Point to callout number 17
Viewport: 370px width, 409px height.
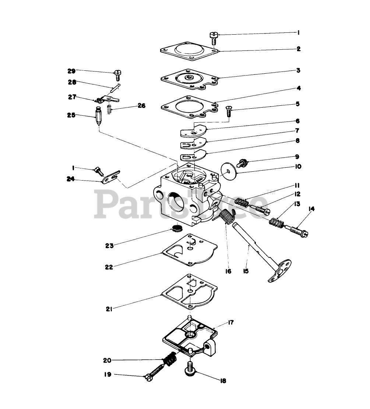tap(230, 322)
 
